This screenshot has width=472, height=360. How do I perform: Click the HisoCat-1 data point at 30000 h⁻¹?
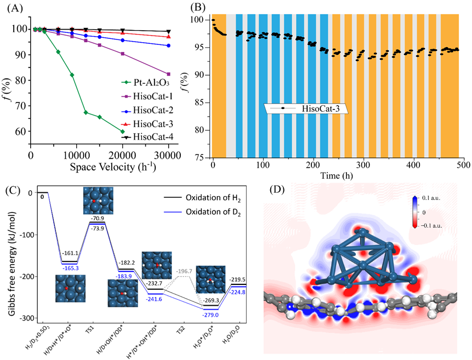click(x=168, y=74)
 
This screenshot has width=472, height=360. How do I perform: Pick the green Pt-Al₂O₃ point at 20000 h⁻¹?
click(x=122, y=132)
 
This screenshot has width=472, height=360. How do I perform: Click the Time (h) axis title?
click(x=338, y=174)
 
